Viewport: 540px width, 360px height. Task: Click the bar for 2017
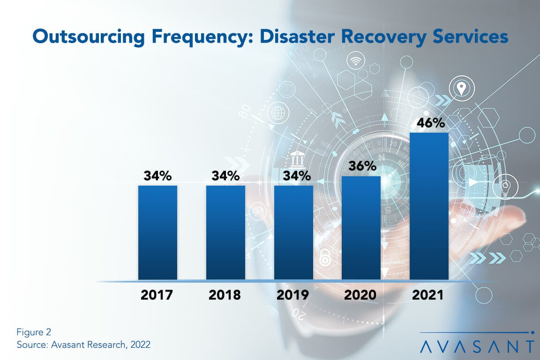(x=157, y=232)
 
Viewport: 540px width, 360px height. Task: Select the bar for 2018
(x=225, y=232)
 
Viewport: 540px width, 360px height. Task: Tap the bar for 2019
(x=293, y=232)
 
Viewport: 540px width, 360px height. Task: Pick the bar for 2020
(x=361, y=228)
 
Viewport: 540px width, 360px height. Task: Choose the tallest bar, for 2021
(x=429, y=206)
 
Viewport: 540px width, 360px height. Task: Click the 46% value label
(x=429, y=123)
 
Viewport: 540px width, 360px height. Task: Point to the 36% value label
(x=361, y=166)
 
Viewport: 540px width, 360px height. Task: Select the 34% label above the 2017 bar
(x=157, y=176)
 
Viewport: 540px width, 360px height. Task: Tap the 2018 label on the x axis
(x=225, y=295)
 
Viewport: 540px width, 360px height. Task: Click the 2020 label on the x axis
(x=361, y=295)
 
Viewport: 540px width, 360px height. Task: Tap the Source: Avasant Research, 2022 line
(x=83, y=345)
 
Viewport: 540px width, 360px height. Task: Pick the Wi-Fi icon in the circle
(x=357, y=60)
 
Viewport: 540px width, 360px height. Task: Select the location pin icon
(x=461, y=87)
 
